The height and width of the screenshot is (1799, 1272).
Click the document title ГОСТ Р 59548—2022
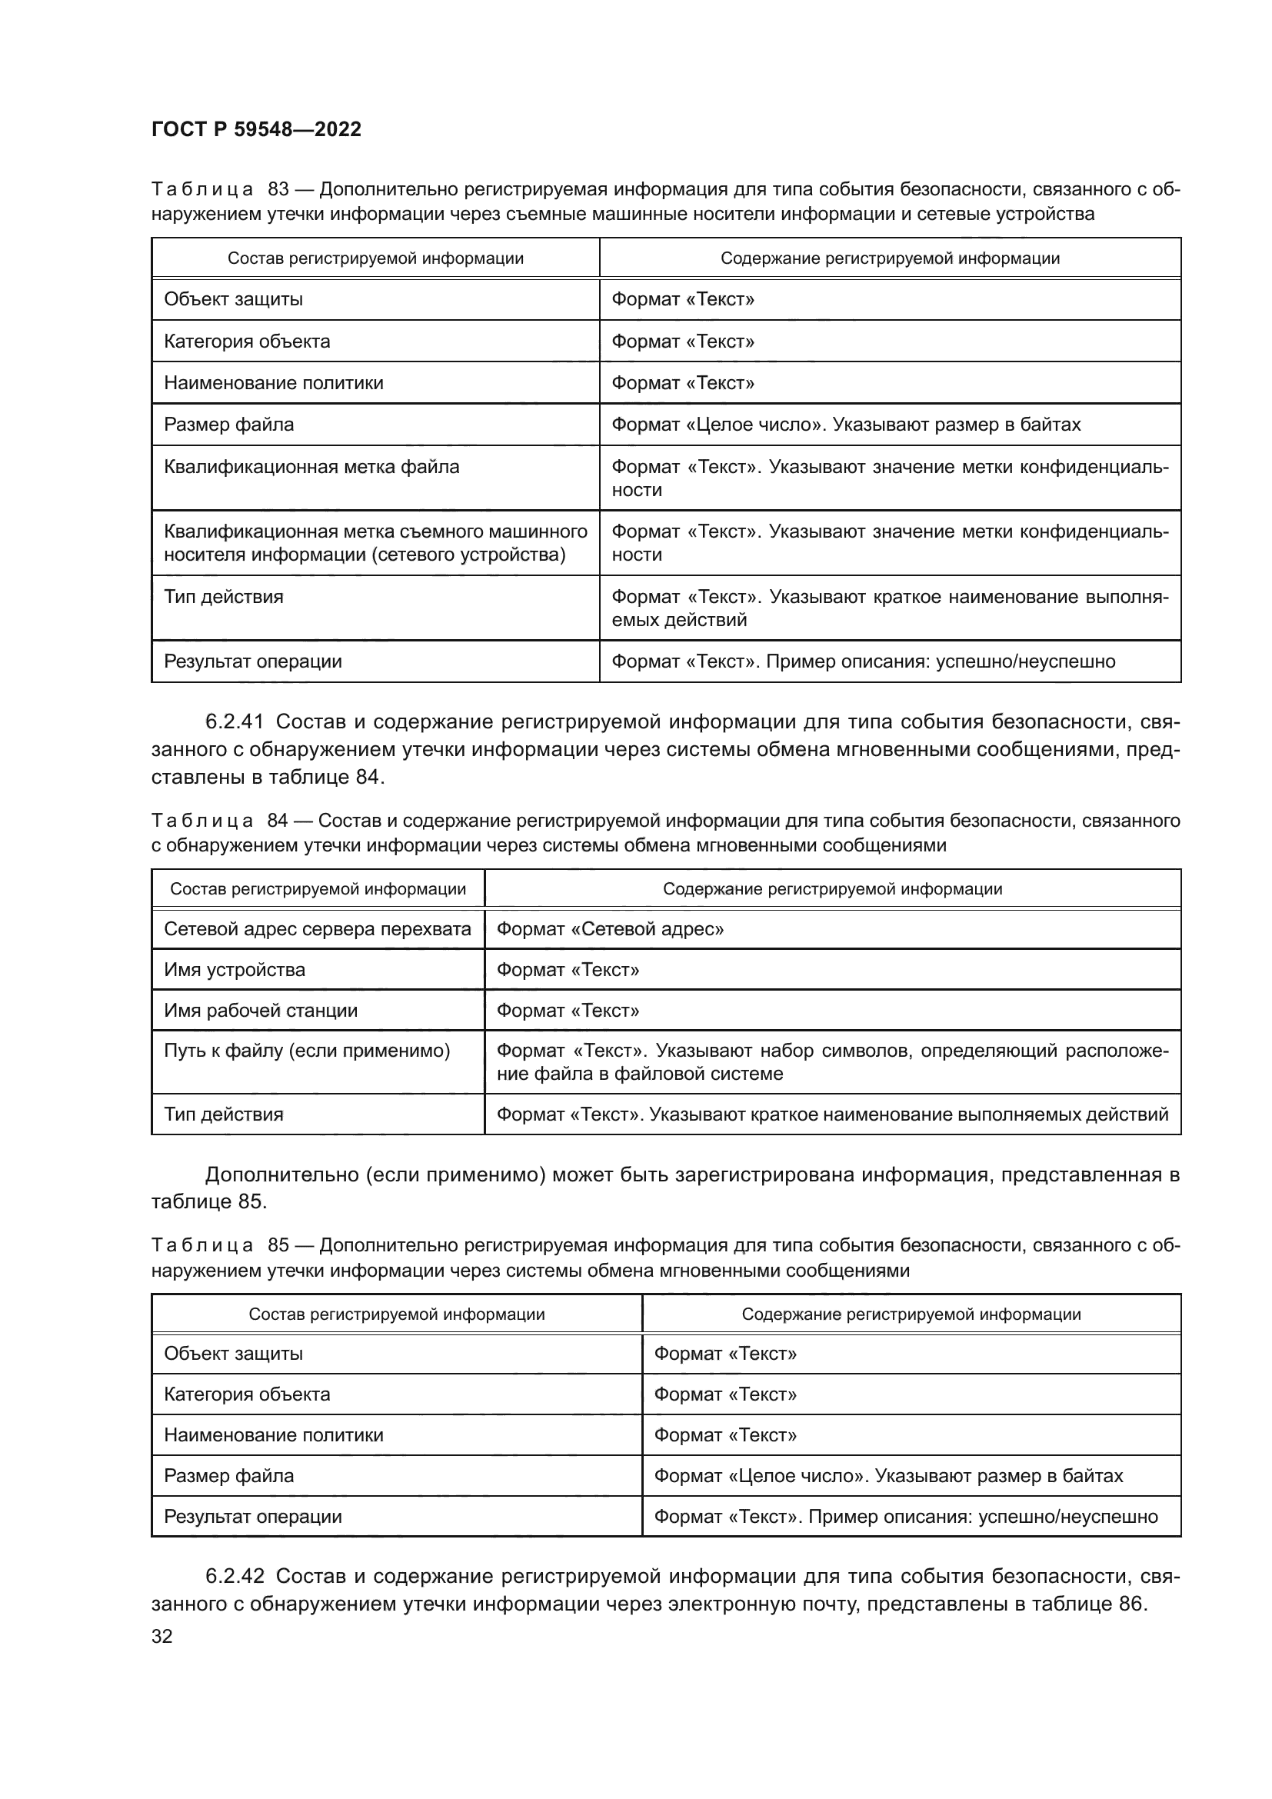[256, 129]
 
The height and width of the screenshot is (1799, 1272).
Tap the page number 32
[162, 1636]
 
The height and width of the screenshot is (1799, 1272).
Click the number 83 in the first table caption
[278, 190]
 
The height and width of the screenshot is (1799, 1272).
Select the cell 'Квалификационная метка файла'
[311, 467]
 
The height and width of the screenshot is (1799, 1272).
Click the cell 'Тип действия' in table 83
[223, 597]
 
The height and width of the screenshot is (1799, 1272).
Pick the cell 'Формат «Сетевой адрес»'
[609, 929]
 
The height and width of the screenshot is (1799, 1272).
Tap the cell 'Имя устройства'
[235, 970]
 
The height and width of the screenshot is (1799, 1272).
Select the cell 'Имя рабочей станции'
[260, 1011]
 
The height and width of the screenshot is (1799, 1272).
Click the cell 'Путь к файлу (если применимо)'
[306, 1051]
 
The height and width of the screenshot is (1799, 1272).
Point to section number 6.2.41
[235, 721]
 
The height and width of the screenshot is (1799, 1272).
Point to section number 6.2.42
[235, 1576]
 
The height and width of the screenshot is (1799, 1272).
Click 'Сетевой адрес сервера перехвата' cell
[317, 929]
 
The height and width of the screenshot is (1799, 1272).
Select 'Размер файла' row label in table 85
[228, 1476]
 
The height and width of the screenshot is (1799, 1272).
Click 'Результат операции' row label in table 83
[252, 661]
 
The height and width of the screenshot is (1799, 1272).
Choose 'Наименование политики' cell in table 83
[273, 383]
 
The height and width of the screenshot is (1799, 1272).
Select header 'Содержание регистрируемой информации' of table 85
[911, 1314]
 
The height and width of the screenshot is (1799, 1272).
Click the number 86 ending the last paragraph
[1130, 1604]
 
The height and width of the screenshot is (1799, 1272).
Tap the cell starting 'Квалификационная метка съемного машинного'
[375, 543]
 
